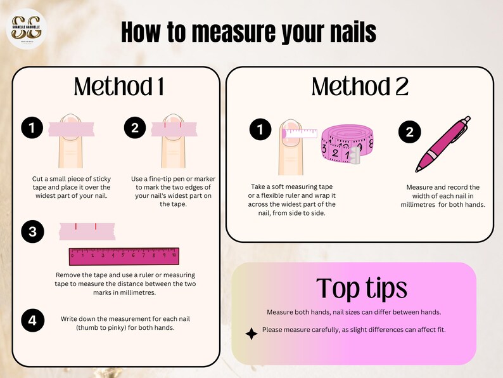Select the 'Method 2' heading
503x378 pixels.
[x=360, y=86]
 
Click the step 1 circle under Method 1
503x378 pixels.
[x=32, y=129]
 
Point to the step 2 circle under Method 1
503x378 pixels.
[x=135, y=129]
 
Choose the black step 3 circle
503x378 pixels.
[x=32, y=232]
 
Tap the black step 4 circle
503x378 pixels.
[x=32, y=320]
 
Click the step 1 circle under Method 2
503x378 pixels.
[x=260, y=131]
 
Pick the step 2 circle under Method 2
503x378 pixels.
[x=409, y=132]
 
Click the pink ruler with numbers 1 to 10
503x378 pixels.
[x=124, y=256]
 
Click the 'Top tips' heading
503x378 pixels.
[x=361, y=287]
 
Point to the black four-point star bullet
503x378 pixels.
[x=251, y=334]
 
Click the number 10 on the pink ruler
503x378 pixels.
[x=174, y=255]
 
